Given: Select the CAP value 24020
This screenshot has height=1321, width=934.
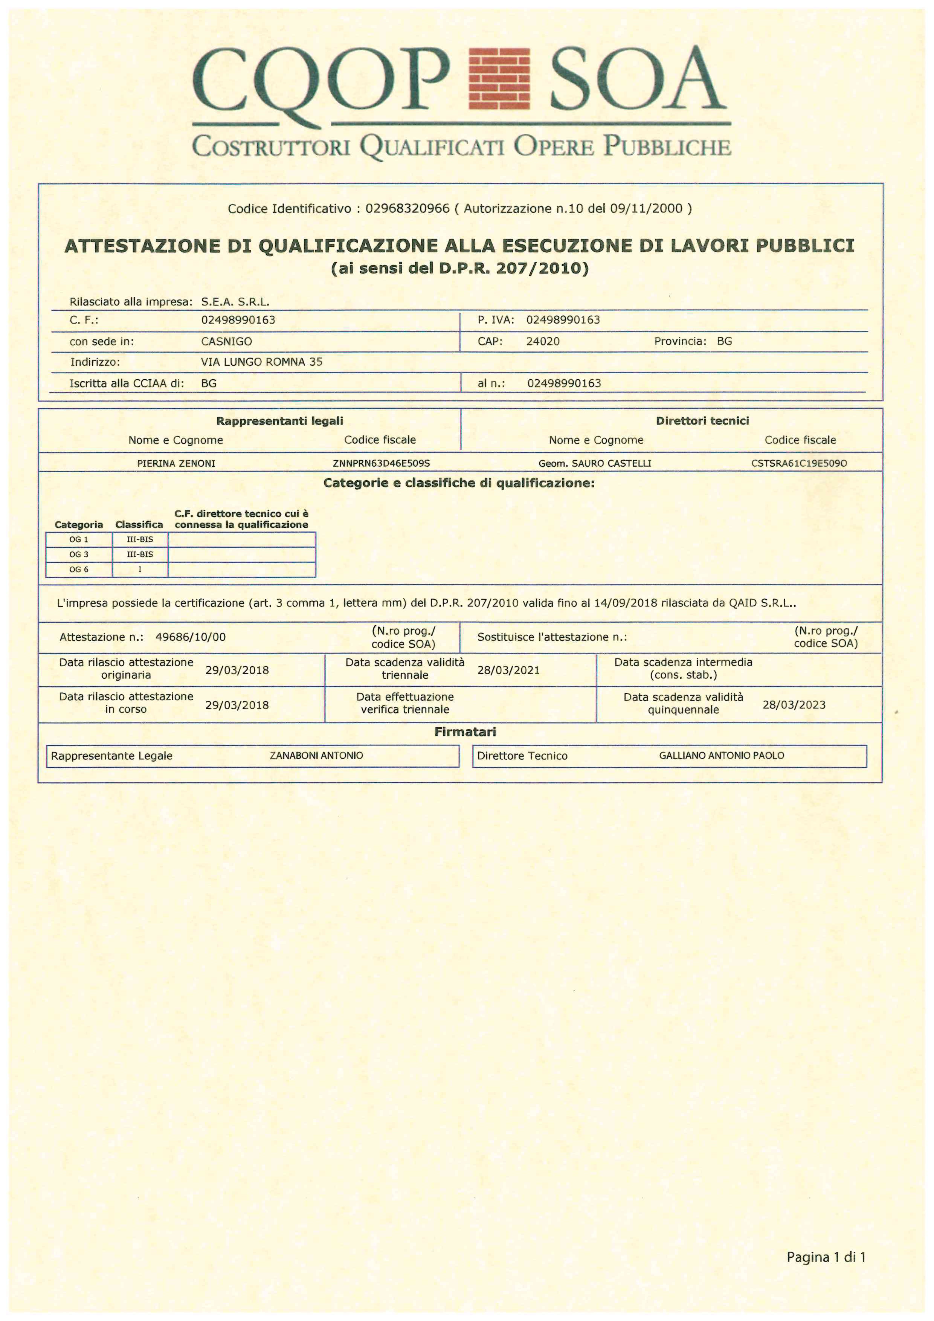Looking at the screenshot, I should [542, 341].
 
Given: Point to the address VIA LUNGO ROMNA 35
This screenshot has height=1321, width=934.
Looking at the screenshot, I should [262, 362].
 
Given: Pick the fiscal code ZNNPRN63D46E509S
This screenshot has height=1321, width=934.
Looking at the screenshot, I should [381, 463].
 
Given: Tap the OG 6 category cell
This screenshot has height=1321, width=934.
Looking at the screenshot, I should [79, 570].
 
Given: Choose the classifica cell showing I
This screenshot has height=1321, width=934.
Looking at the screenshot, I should [140, 570].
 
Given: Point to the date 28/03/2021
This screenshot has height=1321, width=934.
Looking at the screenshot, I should [508, 670].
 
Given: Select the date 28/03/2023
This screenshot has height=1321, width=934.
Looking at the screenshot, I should [794, 705].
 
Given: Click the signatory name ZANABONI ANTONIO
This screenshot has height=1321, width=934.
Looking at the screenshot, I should [316, 756].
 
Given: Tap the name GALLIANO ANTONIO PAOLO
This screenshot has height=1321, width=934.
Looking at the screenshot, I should [721, 756].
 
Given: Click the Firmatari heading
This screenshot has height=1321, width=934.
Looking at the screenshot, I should [465, 732].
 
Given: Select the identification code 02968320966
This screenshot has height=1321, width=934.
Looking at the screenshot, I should [407, 208].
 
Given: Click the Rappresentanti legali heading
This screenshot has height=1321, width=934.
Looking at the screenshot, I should [279, 421].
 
